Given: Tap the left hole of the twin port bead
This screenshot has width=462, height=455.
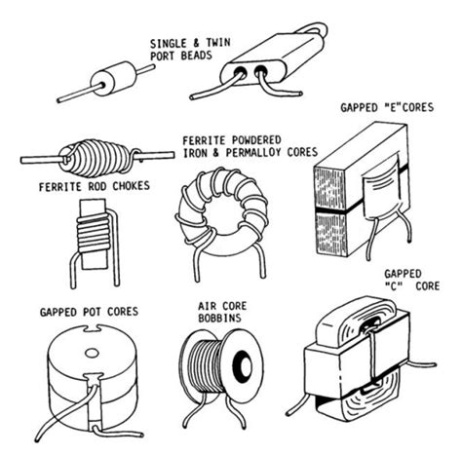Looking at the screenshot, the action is [x=241, y=71].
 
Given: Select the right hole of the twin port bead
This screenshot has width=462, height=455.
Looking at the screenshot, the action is [x=260, y=71].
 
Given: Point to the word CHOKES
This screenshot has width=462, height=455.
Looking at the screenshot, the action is [x=132, y=186].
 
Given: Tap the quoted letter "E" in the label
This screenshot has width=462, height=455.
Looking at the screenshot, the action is [x=394, y=107].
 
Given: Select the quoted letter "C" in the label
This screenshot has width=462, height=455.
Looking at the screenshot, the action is [x=394, y=286].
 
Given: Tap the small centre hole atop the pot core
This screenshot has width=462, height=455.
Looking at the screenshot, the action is [x=92, y=353].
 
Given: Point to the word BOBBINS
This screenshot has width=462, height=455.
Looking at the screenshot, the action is [x=220, y=318].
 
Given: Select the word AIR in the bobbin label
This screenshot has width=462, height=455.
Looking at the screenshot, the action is [x=207, y=306].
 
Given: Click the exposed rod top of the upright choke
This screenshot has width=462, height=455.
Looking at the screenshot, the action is [x=93, y=209].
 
